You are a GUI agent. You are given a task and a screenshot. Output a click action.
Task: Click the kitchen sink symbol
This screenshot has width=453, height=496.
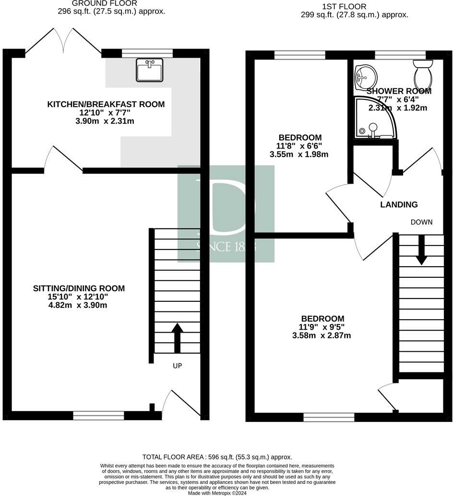(x=150, y=70)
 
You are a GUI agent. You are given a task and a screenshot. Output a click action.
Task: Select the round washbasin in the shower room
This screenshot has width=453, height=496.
(x=366, y=76)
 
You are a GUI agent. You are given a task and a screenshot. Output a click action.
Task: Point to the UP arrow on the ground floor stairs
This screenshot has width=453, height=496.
(x=177, y=338)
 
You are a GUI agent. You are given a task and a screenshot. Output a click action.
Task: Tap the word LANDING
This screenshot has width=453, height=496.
(x=399, y=205)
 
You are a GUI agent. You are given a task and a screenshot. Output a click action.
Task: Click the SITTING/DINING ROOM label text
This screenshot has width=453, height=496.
(x=79, y=288)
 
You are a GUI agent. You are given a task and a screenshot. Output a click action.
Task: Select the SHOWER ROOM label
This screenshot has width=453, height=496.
(x=399, y=91)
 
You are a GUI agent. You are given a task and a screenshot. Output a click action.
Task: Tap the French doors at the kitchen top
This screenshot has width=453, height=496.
(x=63, y=40)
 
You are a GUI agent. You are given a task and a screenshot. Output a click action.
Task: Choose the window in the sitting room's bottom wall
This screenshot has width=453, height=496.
(x=98, y=415)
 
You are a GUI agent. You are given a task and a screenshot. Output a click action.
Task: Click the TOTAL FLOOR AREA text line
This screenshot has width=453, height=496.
(x=217, y=457)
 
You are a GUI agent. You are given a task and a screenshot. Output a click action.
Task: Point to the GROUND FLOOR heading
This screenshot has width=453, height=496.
(x=105, y=3)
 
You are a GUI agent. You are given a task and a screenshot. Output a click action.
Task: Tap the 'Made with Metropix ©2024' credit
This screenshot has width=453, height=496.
(x=217, y=493)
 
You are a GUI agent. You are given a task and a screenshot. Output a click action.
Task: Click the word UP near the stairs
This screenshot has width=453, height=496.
(x=177, y=366)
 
